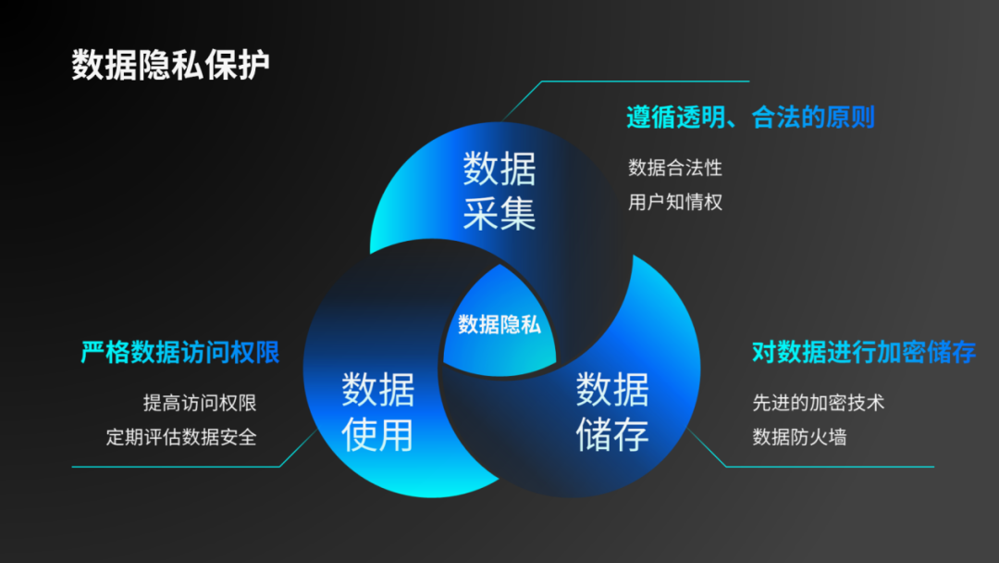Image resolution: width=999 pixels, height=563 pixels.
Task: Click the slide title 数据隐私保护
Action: [x=171, y=66]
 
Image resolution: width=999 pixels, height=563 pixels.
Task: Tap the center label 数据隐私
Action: [x=499, y=325]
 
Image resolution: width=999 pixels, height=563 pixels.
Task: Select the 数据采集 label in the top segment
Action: [x=499, y=192]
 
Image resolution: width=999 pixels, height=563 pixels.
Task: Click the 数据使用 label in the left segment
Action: [x=377, y=411]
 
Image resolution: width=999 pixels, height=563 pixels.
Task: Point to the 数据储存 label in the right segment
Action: [x=612, y=411]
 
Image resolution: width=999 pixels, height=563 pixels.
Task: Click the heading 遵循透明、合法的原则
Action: [x=750, y=118]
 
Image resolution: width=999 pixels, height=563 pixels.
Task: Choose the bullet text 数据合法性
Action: [x=675, y=168]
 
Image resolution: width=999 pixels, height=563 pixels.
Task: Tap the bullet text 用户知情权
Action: [x=675, y=202]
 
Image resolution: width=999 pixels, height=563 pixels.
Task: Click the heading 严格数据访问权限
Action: [x=180, y=353]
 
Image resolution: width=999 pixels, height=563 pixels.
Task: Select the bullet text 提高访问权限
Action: [x=200, y=403]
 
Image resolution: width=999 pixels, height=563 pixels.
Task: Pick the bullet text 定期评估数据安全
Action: [x=181, y=437]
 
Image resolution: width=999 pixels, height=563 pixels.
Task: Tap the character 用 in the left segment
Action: [x=396, y=433]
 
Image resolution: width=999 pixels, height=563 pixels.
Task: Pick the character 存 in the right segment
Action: [x=631, y=433]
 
